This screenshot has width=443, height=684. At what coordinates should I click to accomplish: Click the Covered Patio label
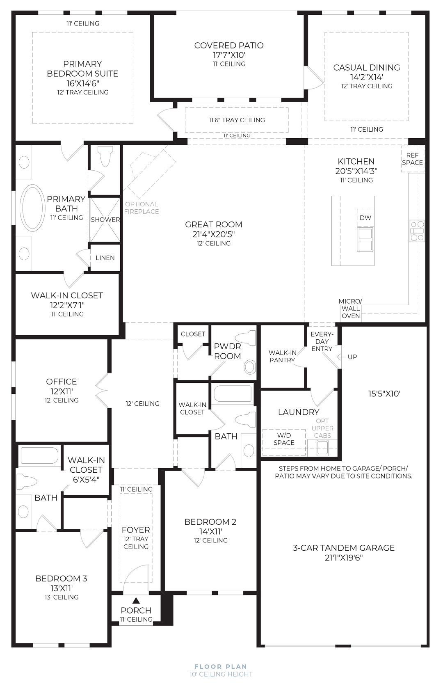click(x=228, y=46)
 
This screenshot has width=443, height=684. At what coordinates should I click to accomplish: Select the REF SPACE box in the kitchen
click(x=413, y=159)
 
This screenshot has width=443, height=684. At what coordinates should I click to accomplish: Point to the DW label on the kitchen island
click(x=365, y=218)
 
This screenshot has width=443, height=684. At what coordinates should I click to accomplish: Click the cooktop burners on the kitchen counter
click(x=417, y=231)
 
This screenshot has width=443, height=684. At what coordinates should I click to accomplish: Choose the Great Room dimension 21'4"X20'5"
click(x=213, y=234)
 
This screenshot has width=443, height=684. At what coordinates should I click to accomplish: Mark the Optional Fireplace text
click(x=142, y=208)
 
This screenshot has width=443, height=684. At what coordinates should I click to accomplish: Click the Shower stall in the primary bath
click(x=105, y=220)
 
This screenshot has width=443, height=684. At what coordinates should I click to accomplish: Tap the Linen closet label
click(x=105, y=258)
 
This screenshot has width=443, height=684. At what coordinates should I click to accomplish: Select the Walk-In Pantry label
click(x=282, y=356)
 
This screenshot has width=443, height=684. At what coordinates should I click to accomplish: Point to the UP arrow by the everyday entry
click(x=341, y=357)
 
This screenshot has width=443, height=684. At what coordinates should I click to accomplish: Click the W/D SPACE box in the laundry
click(x=284, y=442)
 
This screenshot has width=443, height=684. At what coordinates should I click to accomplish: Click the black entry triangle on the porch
click(x=136, y=600)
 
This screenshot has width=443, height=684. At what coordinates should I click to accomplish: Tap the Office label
click(x=62, y=382)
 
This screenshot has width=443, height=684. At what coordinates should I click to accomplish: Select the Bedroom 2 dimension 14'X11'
click(x=211, y=531)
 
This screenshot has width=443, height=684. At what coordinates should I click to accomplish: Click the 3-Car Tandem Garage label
click(x=344, y=548)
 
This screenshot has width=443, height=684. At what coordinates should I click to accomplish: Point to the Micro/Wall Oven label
click(x=350, y=309)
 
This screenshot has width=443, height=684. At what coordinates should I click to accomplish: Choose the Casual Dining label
click(x=366, y=67)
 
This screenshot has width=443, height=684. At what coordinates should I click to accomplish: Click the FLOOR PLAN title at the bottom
click(x=221, y=667)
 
